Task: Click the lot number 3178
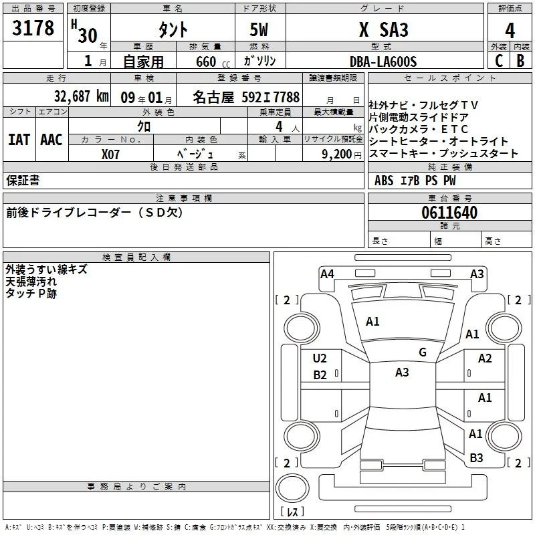pyautogui.click(x=33, y=27)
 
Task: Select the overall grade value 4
pyautogui.click(x=510, y=30)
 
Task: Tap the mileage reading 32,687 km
pyautogui.click(x=81, y=96)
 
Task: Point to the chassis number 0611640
pyautogui.click(x=449, y=212)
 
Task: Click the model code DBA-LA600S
pyautogui.click(x=383, y=62)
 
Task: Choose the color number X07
pyautogui.click(x=110, y=154)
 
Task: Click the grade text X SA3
pyautogui.click(x=383, y=29)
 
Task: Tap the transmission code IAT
pyautogui.click(x=19, y=140)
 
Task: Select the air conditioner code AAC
pyautogui.click(x=51, y=140)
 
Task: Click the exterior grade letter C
pyautogui.click(x=499, y=61)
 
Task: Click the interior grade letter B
pyautogui.click(x=520, y=61)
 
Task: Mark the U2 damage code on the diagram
pyautogui.click(x=320, y=358)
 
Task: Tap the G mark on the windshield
pyautogui.click(x=423, y=352)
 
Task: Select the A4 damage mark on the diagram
pyautogui.click(x=327, y=274)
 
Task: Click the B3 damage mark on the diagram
pyautogui.click(x=476, y=458)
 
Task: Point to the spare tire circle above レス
pyautogui.click(x=292, y=488)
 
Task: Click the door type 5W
pyautogui.click(x=259, y=29)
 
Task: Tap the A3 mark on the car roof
pyautogui.click(x=402, y=372)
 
